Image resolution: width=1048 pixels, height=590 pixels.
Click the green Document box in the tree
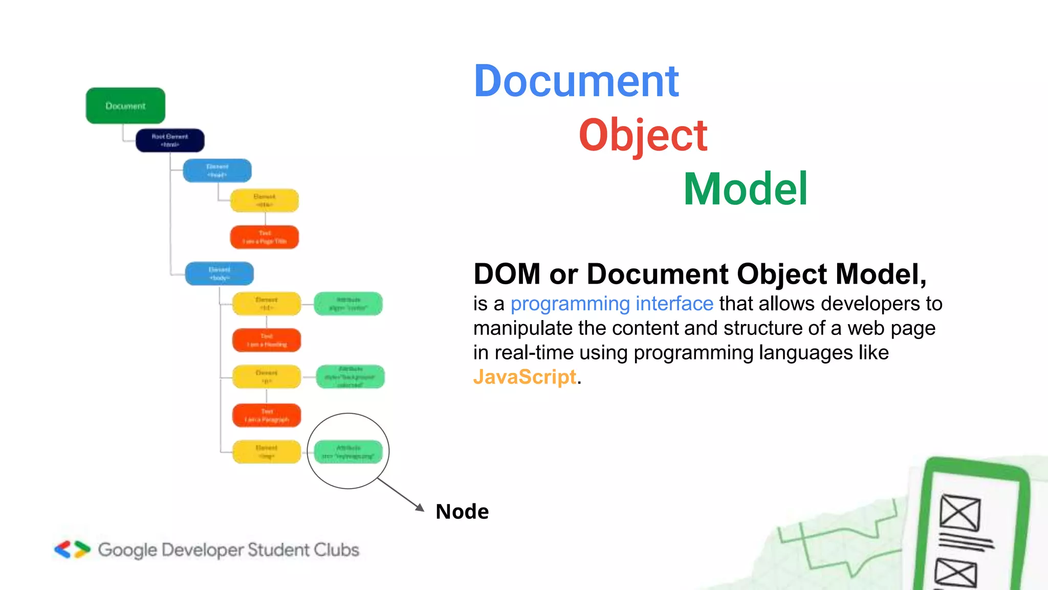click(125, 106)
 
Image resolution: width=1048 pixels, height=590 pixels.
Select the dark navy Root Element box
click(170, 140)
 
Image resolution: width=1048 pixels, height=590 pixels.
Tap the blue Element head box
click(217, 171)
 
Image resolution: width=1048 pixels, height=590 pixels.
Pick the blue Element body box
click(219, 273)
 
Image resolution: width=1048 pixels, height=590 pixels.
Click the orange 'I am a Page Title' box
click(265, 237)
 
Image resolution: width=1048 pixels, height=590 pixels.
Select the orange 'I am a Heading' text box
click(267, 340)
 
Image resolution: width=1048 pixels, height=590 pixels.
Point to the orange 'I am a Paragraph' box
click(267, 415)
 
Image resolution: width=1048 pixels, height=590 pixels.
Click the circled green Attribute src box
click(348, 452)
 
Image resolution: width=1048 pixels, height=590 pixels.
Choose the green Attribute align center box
click(348, 304)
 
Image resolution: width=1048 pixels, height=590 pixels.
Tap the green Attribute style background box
click(351, 376)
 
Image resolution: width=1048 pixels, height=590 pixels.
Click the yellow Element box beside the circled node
click(267, 452)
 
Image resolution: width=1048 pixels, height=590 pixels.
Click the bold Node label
click(462, 512)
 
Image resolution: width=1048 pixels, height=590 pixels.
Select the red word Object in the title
click(643, 135)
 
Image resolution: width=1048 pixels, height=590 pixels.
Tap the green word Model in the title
click(746, 189)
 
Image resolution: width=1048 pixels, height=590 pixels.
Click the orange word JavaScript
click(525, 377)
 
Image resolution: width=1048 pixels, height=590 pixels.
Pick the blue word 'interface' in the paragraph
click(674, 304)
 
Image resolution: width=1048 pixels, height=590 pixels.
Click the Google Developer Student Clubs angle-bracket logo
click(72, 550)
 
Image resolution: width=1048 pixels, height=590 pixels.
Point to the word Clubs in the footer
click(336, 550)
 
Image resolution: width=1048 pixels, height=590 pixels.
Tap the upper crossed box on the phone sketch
click(960, 513)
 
